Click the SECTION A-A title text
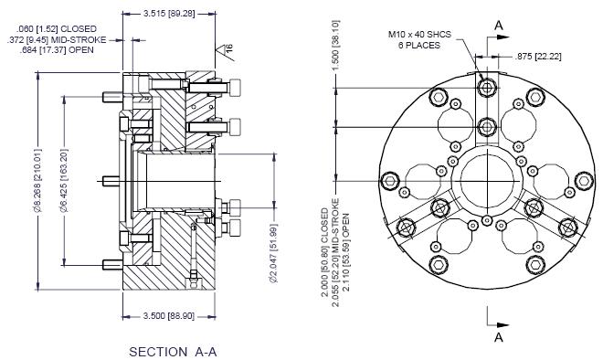coord(173,352)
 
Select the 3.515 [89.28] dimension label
coord(169,14)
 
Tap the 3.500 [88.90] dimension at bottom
coord(169,316)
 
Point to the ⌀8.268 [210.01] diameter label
coord(37,180)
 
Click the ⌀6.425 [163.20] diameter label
coord(64,180)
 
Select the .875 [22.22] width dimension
coord(538,57)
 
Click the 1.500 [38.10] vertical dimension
coord(335,45)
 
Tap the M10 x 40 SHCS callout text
coord(419,34)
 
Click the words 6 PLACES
coord(419,46)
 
